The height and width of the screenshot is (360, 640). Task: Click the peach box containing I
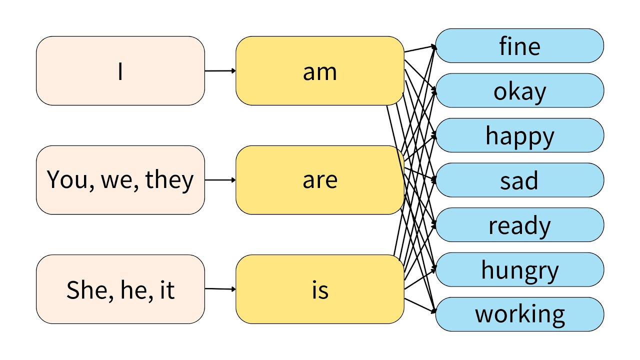(x=120, y=71)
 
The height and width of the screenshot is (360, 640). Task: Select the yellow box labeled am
(x=319, y=71)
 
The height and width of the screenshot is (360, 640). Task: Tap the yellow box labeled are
(x=319, y=180)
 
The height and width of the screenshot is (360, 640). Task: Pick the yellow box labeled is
(x=319, y=289)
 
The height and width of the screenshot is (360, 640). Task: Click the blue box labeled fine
(x=519, y=46)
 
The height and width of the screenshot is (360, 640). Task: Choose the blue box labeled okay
(x=519, y=90)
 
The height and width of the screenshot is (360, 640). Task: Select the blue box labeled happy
(x=519, y=135)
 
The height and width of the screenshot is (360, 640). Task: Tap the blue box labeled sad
(x=519, y=180)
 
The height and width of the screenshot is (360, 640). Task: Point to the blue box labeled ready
(x=519, y=225)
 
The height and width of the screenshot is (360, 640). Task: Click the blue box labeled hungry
(x=519, y=269)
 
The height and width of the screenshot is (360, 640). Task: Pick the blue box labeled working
(x=519, y=314)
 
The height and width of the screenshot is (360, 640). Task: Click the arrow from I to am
(x=220, y=71)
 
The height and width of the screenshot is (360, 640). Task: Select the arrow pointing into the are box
(x=220, y=180)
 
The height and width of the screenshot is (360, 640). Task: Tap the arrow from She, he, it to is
(x=220, y=288)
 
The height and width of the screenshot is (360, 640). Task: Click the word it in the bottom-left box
(x=166, y=289)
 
